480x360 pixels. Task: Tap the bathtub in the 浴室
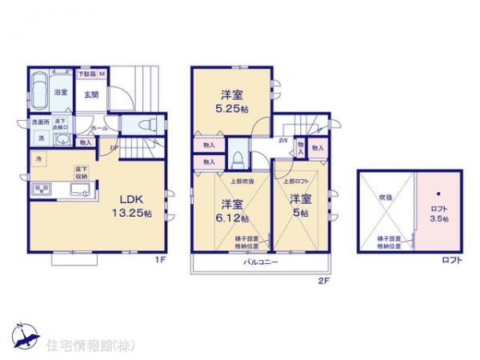click(40, 90)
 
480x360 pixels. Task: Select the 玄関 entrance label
click(92, 94)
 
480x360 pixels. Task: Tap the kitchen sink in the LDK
click(80, 190)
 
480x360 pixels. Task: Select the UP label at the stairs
click(114, 147)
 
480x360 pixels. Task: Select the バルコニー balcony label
click(258, 262)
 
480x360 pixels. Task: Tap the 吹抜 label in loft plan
click(385, 195)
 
